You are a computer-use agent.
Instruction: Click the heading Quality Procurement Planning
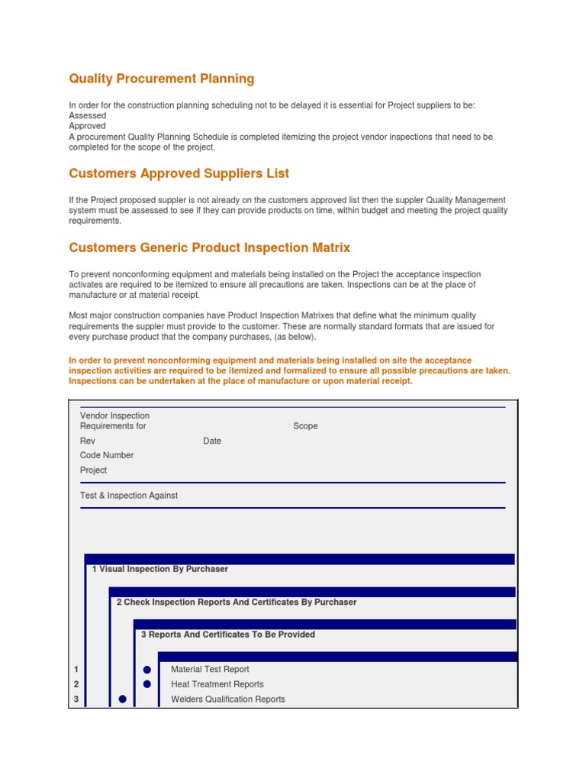tap(162, 79)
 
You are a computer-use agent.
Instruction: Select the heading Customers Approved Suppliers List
tap(179, 174)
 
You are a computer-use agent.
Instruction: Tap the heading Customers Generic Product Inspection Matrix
tap(210, 248)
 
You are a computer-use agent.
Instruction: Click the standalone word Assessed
tap(88, 115)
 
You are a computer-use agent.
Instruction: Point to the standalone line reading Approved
tap(88, 126)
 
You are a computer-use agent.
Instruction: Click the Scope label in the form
tap(305, 426)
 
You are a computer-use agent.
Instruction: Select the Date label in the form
tap(212, 441)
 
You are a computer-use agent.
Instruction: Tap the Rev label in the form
tap(88, 441)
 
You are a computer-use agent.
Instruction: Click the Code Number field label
tap(107, 455)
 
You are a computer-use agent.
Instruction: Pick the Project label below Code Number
tap(93, 470)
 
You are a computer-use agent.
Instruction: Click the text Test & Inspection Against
tap(129, 496)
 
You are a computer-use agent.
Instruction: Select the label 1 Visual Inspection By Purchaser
tap(160, 569)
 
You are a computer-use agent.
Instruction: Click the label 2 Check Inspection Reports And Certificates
tap(237, 602)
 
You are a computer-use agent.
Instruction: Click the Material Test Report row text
tap(210, 670)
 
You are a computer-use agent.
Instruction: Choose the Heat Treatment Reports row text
tap(217, 684)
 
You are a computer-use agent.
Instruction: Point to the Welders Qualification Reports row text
tap(228, 700)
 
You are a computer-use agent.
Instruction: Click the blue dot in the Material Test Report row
tap(147, 670)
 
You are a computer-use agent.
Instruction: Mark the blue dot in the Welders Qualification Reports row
tap(122, 700)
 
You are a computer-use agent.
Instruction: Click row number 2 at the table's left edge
tap(76, 684)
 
